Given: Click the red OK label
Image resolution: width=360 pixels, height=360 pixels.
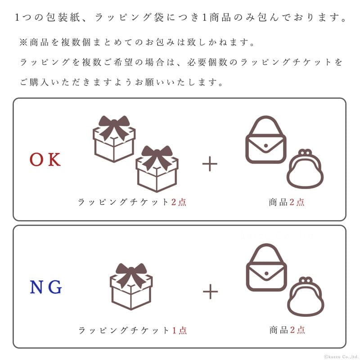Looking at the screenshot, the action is (x=45, y=160).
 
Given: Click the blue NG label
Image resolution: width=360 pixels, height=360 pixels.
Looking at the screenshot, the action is (x=46, y=287).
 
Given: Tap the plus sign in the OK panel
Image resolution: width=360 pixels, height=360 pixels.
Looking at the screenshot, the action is (x=210, y=164).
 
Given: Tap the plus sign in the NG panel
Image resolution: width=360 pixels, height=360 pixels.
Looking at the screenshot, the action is (x=210, y=292).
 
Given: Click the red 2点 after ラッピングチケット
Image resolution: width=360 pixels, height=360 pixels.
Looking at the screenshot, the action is (x=179, y=202).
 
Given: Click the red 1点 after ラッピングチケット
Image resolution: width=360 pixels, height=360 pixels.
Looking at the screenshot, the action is (x=179, y=330).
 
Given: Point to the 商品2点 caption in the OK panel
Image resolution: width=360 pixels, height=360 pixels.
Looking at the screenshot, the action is (x=287, y=202).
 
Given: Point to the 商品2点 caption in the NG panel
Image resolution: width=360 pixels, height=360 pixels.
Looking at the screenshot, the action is (x=287, y=330).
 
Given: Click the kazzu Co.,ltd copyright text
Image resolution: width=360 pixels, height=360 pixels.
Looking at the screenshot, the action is (x=342, y=356).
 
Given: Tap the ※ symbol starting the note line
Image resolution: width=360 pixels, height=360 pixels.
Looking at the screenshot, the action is (x=23, y=42).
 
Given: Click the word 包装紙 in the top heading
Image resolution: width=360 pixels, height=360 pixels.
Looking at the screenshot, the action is (x=63, y=18).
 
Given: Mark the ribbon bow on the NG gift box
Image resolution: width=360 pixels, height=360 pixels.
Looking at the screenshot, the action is (x=131, y=273).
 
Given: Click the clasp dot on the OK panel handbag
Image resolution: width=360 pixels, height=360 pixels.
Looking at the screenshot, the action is (x=266, y=145).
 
